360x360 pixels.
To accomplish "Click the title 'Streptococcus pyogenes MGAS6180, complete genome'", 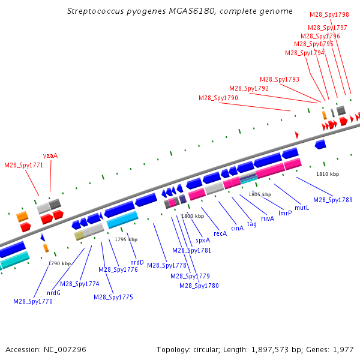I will [x=180, y=11].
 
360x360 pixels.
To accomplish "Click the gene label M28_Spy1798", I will [x=329, y=14].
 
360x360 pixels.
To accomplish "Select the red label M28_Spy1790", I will [x=218, y=98].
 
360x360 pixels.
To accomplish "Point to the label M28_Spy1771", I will [x=24, y=165].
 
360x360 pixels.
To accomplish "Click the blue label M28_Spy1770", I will [x=33, y=301].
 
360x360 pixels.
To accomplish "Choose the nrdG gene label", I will [x=54, y=293].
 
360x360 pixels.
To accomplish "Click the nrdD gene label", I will [x=137, y=262].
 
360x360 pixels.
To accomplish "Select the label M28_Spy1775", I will [x=113, y=297].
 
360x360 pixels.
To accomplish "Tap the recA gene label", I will [x=220, y=233].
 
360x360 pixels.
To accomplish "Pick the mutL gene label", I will [x=302, y=208].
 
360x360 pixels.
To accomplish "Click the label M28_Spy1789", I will [x=333, y=200].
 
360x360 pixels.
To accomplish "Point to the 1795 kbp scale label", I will [x=126, y=240].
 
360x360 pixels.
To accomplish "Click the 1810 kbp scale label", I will [x=328, y=174].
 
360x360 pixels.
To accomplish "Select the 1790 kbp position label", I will [x=59, y=263].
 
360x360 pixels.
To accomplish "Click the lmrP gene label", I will [x=285, y=213].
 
